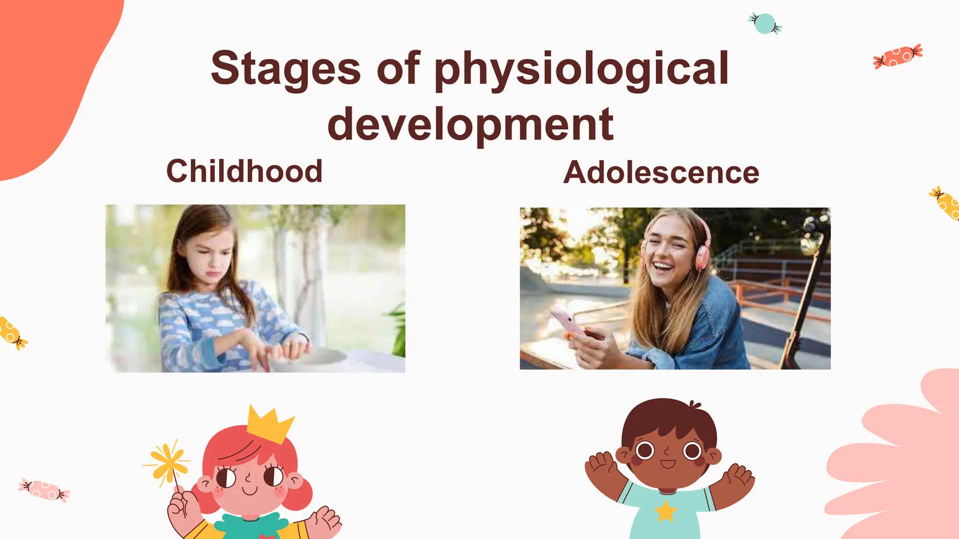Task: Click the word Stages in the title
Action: click(286, 69)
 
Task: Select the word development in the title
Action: click(470, 124)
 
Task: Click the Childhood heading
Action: click(244, 171)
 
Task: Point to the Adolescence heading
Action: click(661, 173)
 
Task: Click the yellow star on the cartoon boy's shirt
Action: click(665, 511)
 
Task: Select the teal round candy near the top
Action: click(765, 23)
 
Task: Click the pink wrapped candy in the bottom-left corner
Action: click(44, 489)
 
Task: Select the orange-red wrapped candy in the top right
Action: click(898, 56)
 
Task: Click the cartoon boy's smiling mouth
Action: click(668, 464)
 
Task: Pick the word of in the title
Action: click(398, 69)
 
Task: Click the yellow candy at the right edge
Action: click(947, 204)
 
